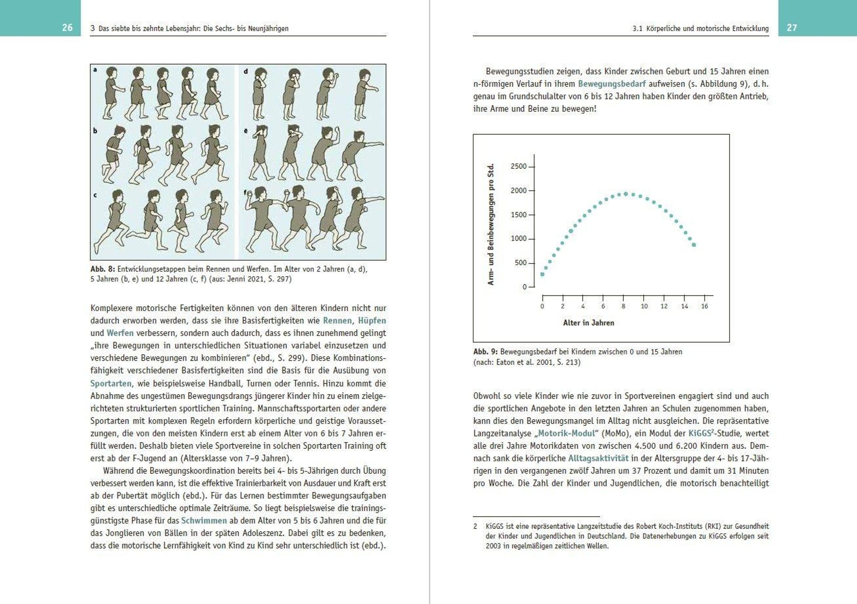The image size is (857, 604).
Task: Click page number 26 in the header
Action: tap(67, 28)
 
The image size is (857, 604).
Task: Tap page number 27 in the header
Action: tap(792, 28)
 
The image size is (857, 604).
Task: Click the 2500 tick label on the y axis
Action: tap(518, 166)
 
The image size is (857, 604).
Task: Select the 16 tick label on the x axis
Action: tap(704, 306)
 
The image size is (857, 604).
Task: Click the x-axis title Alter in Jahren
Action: tap(588, 323)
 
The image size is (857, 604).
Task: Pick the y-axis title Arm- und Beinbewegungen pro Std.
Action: tap(491, 224)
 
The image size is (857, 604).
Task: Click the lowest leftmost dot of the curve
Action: tap(542, 274)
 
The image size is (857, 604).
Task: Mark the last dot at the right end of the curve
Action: tap(694, 245)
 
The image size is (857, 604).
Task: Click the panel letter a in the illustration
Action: tap(95, 70)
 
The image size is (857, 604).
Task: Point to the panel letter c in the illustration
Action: tap(95, 195)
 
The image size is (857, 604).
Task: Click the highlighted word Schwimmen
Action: tap(204, 521)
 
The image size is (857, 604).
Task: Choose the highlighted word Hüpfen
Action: tap(372, 321)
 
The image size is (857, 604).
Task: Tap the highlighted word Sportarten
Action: tap(111, 383)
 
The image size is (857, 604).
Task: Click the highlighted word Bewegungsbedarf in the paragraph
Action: tap(612, 84)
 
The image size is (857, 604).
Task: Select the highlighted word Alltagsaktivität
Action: tap(598, 458)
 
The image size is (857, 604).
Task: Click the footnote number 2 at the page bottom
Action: tap(475, 526)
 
